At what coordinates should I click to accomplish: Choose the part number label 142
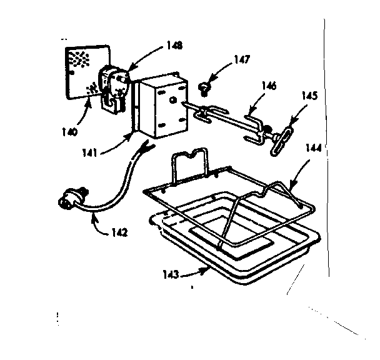pos(119,232)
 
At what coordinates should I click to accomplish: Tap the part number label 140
pos(70,132)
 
